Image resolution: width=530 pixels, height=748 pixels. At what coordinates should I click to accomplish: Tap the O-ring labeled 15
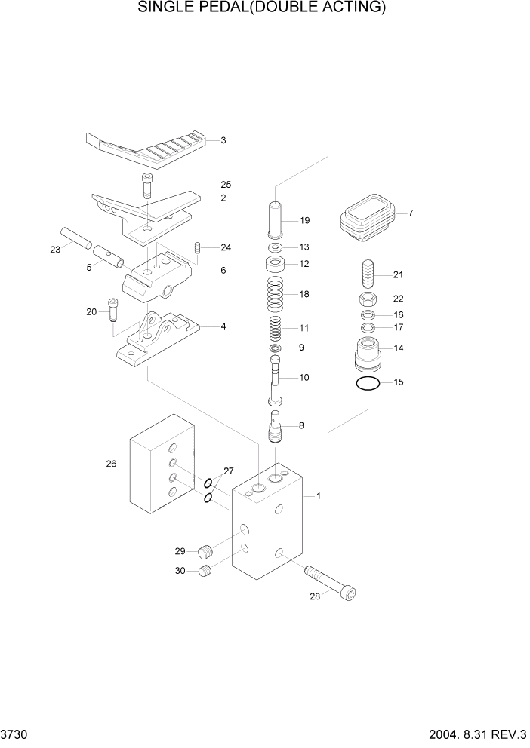367,384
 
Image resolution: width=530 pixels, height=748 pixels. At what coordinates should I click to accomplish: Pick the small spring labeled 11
277,328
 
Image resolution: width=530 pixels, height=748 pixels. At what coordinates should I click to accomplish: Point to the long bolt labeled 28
329,581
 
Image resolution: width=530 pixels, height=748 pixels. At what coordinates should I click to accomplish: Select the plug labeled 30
205,573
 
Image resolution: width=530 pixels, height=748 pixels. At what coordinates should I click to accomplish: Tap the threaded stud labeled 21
368,274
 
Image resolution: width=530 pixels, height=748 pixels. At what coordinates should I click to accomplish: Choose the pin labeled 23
76,239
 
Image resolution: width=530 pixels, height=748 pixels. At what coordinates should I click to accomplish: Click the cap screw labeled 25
146,185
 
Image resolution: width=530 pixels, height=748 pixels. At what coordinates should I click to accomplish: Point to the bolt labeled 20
114,309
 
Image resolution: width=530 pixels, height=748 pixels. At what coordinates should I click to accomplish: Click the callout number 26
111,464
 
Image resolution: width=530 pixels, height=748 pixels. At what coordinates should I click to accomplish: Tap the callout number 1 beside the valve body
319,496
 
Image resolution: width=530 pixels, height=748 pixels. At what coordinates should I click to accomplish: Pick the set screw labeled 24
198,247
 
